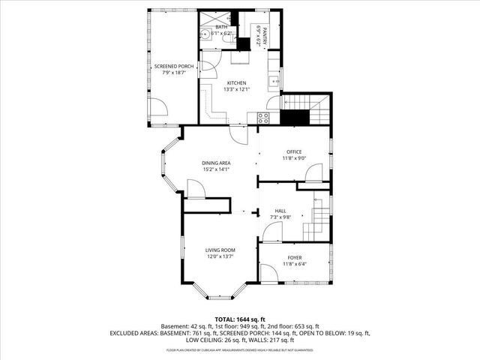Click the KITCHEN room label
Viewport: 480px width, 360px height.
click(x=236, y=83)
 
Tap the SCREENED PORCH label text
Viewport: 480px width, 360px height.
click(x=174, y=67)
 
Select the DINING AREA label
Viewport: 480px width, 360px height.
click(x=215, y=163)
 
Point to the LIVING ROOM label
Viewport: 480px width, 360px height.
click(x=220, y=250)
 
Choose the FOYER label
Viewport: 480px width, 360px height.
click(x=294, y=258)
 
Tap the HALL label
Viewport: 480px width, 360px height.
click(x=280, y=211)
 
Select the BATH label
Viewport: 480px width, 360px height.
click(x=221, y=27)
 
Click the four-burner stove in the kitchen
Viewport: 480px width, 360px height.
click(x=263, y=116)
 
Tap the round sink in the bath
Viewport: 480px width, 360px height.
click(x=204, y=34)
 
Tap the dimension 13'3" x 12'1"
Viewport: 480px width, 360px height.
click(x=236, y=90)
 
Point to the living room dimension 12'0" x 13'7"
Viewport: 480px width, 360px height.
click(x=220, y=256)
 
